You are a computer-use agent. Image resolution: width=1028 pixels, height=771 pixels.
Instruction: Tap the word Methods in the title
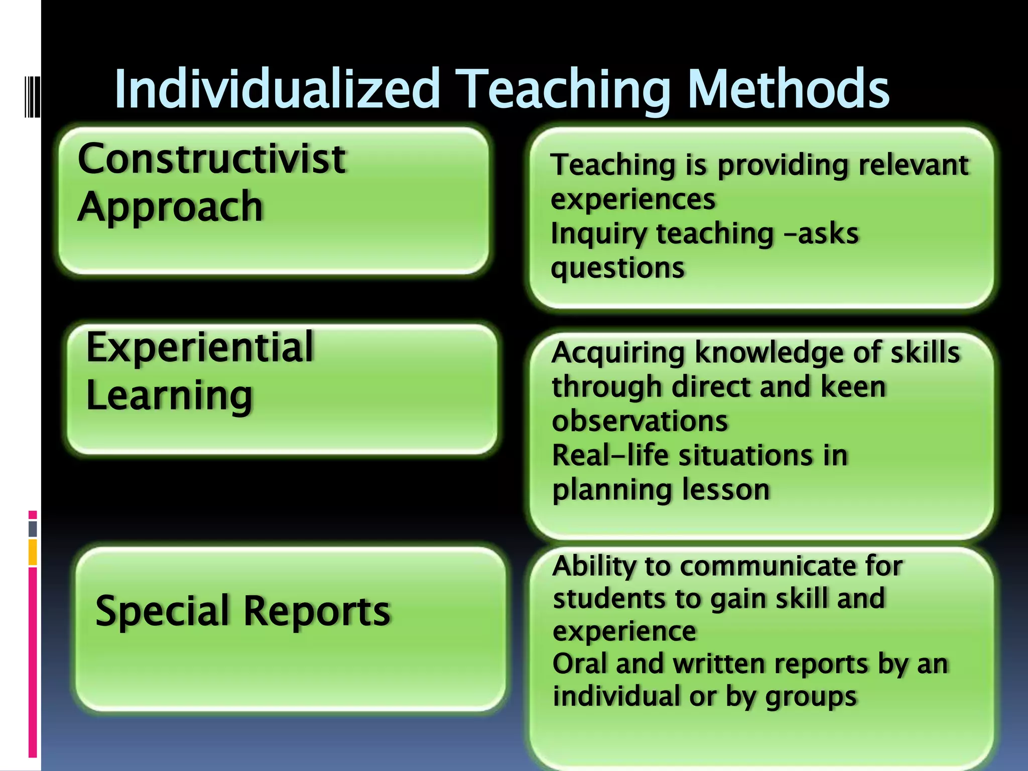point(788,89)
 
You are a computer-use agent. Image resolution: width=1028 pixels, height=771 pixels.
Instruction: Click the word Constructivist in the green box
point(211,159)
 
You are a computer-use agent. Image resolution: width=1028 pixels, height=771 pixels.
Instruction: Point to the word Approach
point(170,207)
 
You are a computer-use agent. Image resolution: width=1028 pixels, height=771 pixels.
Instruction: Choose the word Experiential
point(200,347)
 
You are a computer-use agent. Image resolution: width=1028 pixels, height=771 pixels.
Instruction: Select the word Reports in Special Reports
point(317,611)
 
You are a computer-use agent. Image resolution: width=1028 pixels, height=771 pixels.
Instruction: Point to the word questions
point(617,269)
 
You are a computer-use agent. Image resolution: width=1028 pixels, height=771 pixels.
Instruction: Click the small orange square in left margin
point(33,552)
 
